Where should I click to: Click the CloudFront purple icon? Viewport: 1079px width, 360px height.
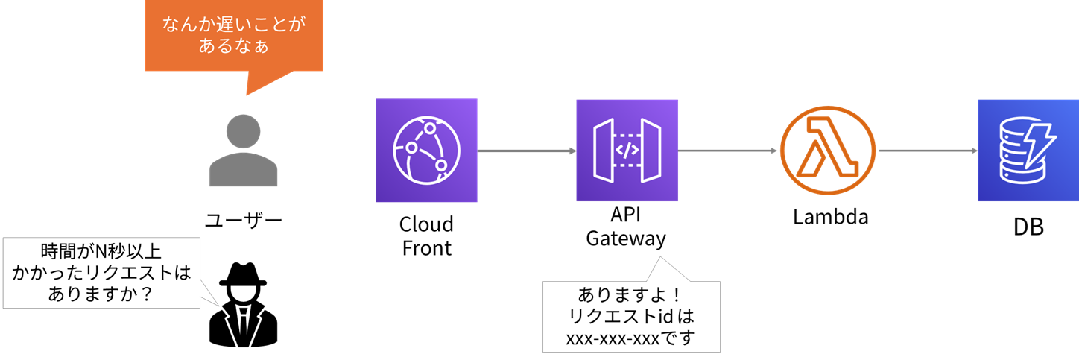pyautogui.click(x=426, y=151)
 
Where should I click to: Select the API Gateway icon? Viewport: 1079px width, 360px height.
pyautogui.click(x=627, y=151)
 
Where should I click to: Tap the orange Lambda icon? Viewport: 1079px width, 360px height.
pyautogui.click(x=829, y=151)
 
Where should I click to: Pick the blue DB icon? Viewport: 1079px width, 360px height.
pyautogui.click(x=1028, y=151)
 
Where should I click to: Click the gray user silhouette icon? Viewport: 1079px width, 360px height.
pyautogui.click(x=244, y=151)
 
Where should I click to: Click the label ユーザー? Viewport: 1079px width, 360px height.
pyautogui.click(x=244, y=221)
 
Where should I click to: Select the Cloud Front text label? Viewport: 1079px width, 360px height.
pyautogui.click(x=426, y=236)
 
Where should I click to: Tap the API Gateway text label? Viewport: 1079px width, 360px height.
pyautogui.click(x=626, y=227)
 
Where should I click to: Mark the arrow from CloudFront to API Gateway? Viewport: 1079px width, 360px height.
pyautogui.click(x=526, y=151)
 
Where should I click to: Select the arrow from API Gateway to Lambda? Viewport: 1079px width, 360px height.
pyautogui.click(x=727, y=151)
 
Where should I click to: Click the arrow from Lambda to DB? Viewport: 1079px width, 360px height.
pyautogui.click(x=928, y=151)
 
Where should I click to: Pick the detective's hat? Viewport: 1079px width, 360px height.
pyautogui.click(x=243, y=274)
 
